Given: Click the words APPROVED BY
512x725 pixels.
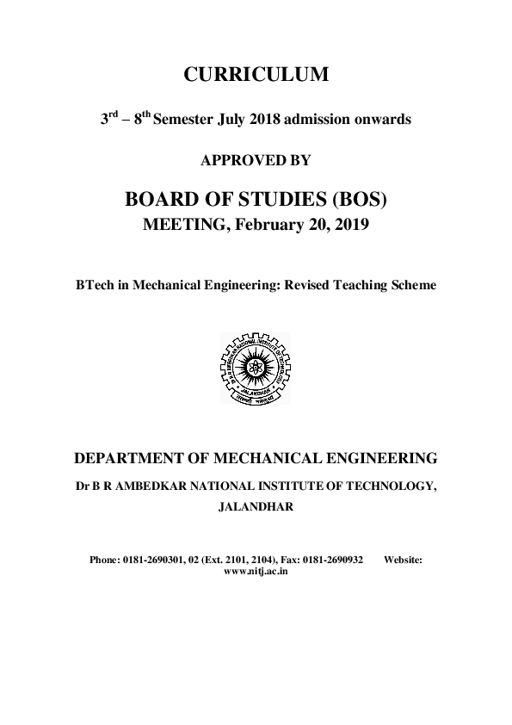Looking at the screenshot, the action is click(256, 161).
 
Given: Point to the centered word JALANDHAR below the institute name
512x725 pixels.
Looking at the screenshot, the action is click(256, 507).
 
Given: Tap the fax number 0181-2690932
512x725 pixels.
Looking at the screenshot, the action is click(330, 560).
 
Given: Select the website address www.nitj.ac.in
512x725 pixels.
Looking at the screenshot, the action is click(256, 570).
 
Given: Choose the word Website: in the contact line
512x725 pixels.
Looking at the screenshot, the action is click(403, 560).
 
